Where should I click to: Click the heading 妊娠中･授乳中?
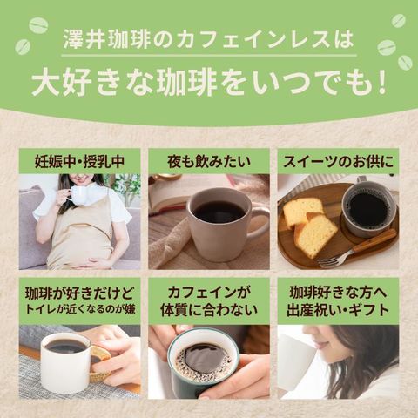79,162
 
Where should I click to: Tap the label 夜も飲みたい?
209,162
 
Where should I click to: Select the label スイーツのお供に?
338,162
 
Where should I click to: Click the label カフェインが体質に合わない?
209,301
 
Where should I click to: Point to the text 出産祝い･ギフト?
338,310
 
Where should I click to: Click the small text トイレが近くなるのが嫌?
80,309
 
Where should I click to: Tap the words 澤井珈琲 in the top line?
107,40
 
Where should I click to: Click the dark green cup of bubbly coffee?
203,363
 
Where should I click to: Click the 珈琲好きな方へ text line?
338,293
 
